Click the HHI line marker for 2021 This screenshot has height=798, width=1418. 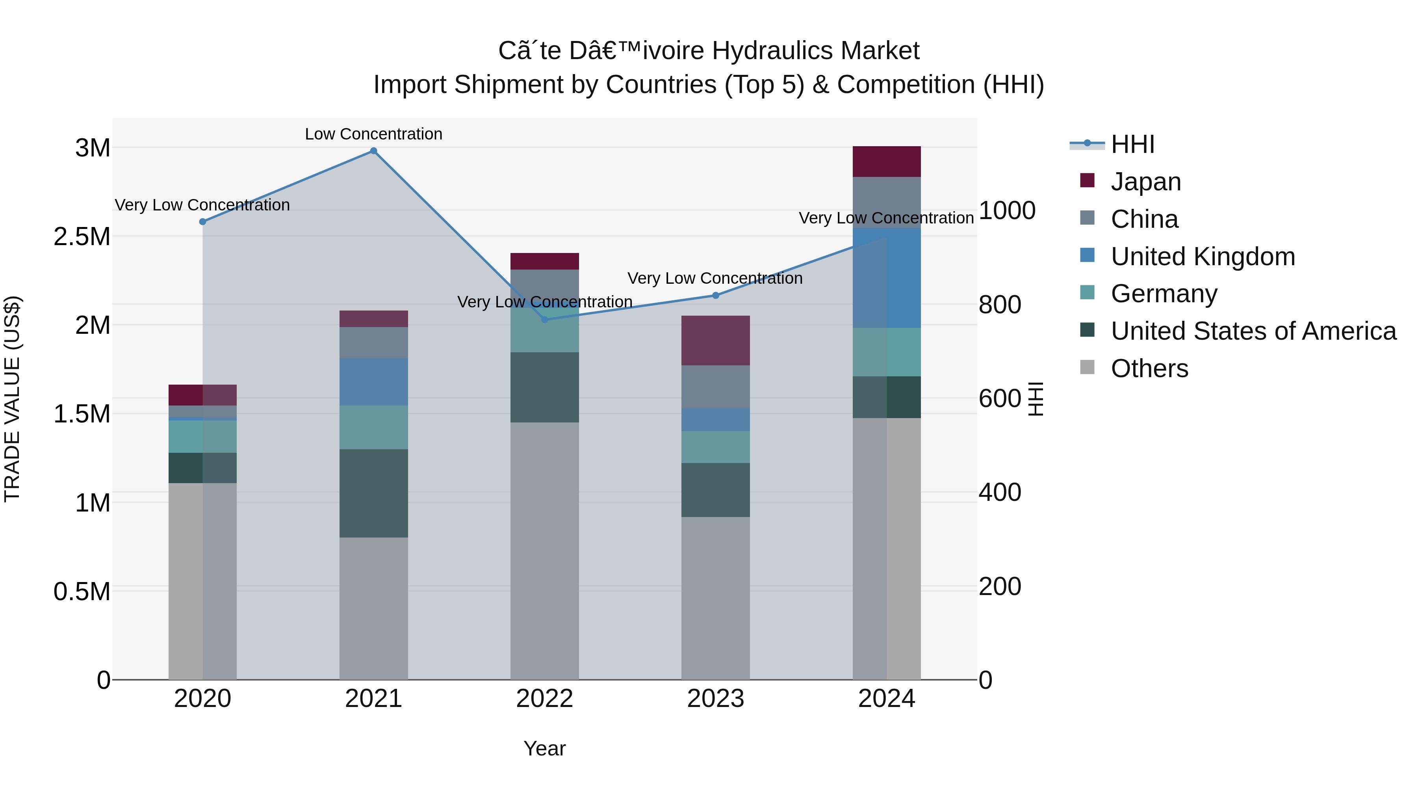373,151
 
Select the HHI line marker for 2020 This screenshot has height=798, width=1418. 202,221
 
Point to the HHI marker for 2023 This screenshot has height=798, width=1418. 716,295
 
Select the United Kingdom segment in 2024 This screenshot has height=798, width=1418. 886,278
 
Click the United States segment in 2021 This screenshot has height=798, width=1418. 373,493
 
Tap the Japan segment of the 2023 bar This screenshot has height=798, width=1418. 716,340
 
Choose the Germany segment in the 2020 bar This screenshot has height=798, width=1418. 202,436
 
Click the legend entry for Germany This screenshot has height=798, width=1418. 1164,294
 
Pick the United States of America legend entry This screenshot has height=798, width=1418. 1253,331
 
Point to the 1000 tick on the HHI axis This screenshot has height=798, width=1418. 1007,210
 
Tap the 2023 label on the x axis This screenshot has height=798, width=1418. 716,699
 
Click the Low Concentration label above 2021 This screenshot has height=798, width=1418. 373,134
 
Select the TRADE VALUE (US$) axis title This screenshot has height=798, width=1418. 12,399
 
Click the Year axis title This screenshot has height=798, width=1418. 544,748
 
